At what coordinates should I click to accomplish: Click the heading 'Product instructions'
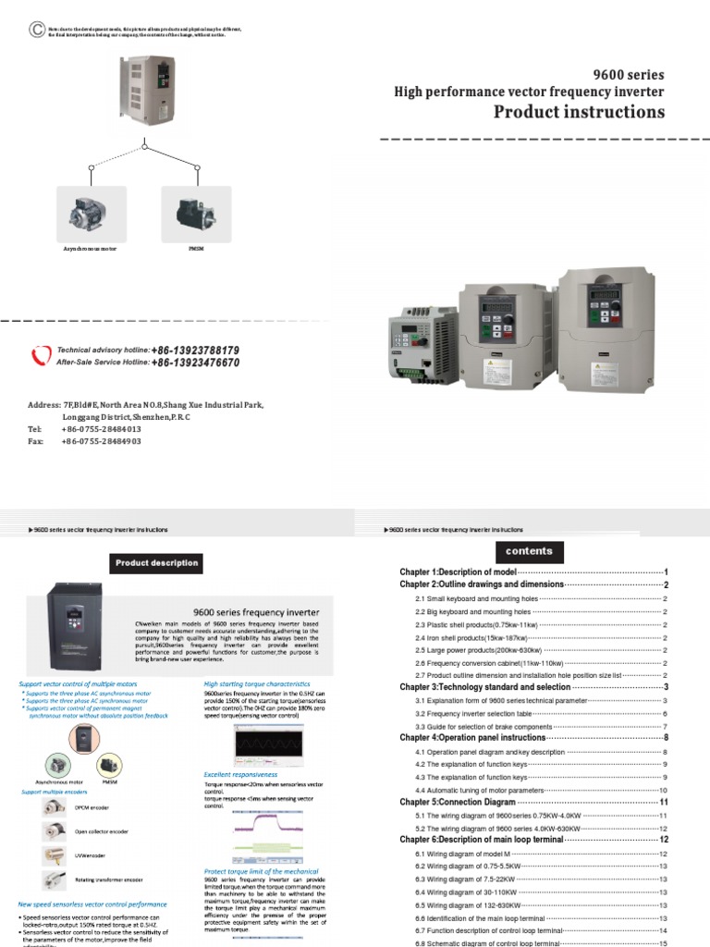tap(579, 112)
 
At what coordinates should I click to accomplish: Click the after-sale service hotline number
tap(195, 363)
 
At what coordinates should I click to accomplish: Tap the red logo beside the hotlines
tap(42, 357)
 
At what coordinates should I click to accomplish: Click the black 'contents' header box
tap(529, 551)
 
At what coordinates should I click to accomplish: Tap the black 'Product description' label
tap(156, 562)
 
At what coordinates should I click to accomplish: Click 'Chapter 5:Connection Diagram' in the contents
tap(455, 802)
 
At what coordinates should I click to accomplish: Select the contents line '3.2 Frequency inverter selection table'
tap(473, 714)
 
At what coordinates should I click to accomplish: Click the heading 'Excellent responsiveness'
tap(240, 774)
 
